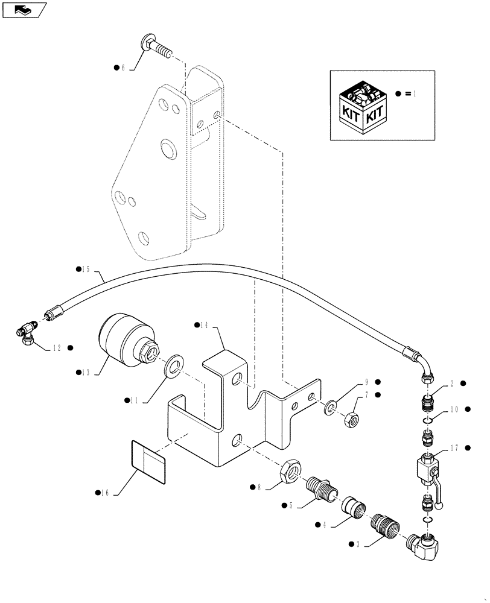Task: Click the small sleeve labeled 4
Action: pos(354,506)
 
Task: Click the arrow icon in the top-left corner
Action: pos(24,9)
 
